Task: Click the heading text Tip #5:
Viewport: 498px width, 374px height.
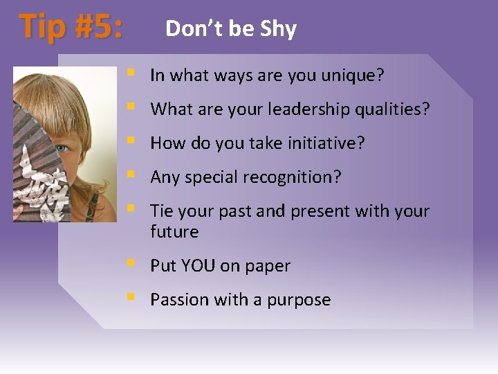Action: point(71,28)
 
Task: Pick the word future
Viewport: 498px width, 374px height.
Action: point(174,231)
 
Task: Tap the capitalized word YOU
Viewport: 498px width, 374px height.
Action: point(199,266)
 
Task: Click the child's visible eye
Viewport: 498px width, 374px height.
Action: point(62,148)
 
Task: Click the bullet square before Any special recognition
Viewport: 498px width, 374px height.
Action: point(130,176)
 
